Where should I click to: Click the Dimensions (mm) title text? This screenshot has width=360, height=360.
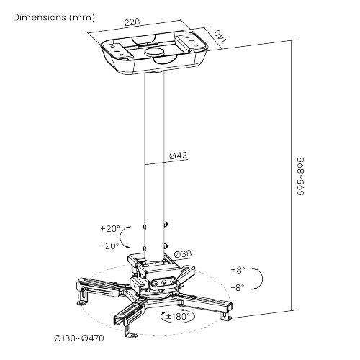tap(54, 17)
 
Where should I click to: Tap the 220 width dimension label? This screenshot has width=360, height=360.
tap(132, 22)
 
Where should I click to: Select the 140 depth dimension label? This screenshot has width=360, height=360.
tap(220, 37)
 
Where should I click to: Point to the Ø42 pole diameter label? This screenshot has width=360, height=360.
tap(178, 156)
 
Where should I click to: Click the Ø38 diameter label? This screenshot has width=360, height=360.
tap(182, 253)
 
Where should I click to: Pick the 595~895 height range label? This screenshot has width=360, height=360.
tap(301, 176)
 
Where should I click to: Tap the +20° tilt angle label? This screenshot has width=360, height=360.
tap(110, 228)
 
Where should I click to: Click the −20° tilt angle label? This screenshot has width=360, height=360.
tap(109, 246)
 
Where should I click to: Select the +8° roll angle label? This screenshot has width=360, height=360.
tap(238, 270)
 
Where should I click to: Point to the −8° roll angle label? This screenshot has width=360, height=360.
tap(238, 287)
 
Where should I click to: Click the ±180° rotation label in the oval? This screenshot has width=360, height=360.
tap(178, 316)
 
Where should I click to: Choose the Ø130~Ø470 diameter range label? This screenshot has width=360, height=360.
tap(79, 338)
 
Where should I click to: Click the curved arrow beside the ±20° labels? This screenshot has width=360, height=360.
tap(121, 237)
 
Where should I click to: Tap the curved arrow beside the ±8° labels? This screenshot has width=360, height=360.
tap(262, 279)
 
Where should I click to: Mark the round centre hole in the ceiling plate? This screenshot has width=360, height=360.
tap(155, 51)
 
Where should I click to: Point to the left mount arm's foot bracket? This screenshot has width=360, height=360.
tap(82, 297)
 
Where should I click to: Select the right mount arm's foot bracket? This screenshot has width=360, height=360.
tap(226, 315)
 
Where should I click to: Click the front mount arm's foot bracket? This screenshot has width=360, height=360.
tap(130, 330)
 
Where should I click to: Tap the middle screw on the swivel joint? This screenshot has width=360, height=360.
tap(164, 283)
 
